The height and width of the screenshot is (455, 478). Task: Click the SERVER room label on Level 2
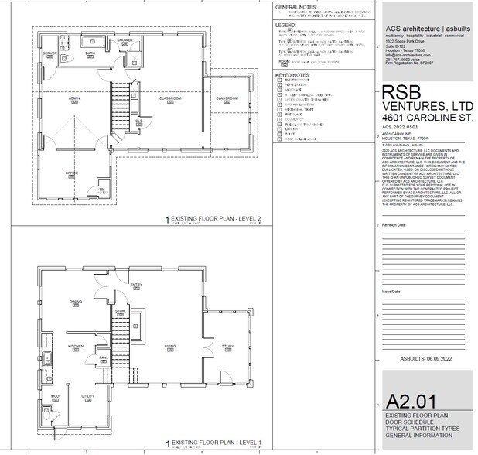pyautogui.click(x=50, y=53)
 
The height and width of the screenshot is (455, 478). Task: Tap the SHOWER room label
pyautogui.click(x=125, y=39)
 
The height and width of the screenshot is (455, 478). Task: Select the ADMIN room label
pyautogui.click(x=74, y=98)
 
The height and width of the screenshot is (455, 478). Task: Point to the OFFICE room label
pyautogui.click(x=71, y=173)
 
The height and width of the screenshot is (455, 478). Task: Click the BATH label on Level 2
pyautogui.click(x=90, y=53)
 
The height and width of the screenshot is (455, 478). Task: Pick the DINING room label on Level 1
pyautogui.click(x=76, y=301)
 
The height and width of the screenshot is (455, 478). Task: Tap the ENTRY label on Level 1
pyautogui.click(x=136, y=284)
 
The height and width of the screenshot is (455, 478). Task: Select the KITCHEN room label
pyautogui.click(x=76, y=345)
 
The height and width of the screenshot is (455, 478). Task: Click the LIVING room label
pyautogui.click(x=170, y=346)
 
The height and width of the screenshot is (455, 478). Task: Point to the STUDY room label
pyautogui.click(x=227, y=346)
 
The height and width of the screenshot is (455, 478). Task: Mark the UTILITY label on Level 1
pyautogui.click(x=87, y=395)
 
